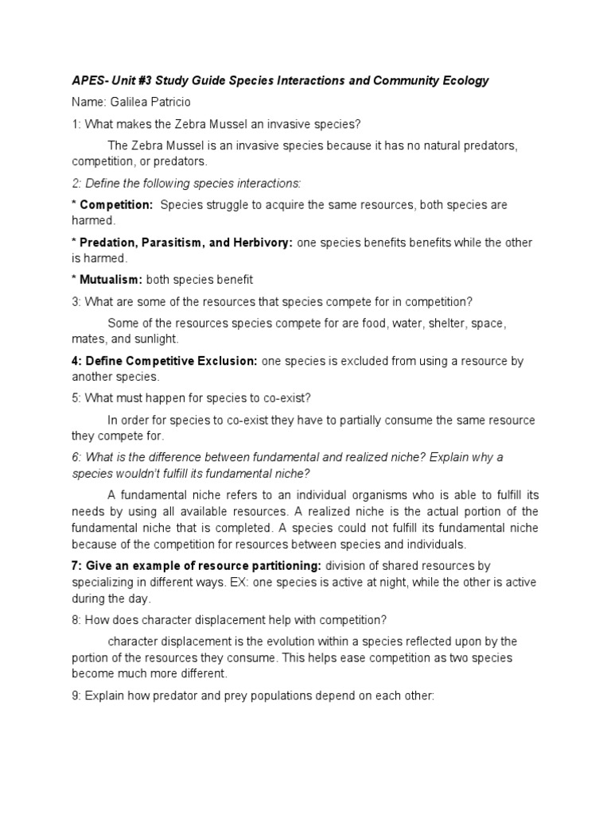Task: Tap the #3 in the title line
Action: pyautogui.click(x=148, y=80)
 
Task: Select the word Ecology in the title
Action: pyautogui.click(x=466, y=80)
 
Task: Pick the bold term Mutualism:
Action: pyautogui.click(x=111, y=280)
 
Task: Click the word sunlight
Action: pyautogui.click(x=156, y=339)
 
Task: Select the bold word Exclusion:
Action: pyautogui.click(x=224, y=361)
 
